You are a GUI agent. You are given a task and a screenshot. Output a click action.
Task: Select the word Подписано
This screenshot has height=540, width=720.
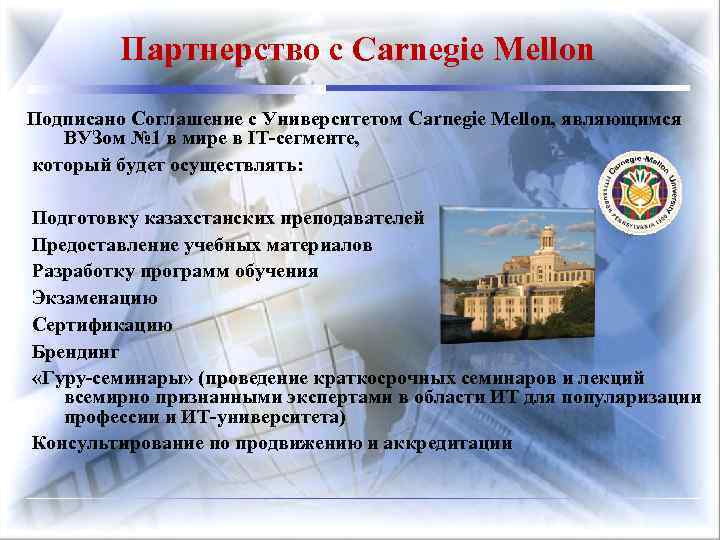[72, 119]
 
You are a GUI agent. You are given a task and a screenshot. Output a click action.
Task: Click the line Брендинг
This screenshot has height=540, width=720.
[75, 352]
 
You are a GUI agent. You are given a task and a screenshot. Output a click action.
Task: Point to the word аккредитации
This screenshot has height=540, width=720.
[450, 443]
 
